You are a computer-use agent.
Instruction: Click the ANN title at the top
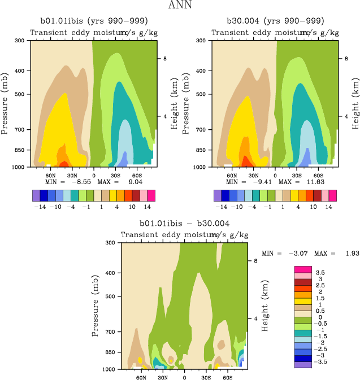[x=180, y=5]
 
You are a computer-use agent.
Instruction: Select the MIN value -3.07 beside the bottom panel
[x=294, y=254]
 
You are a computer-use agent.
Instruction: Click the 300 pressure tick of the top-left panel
[x=19, y=41]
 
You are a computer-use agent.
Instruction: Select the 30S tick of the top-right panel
[x=297, y=174]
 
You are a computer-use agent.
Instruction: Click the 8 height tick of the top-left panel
[x=165, y=59]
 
